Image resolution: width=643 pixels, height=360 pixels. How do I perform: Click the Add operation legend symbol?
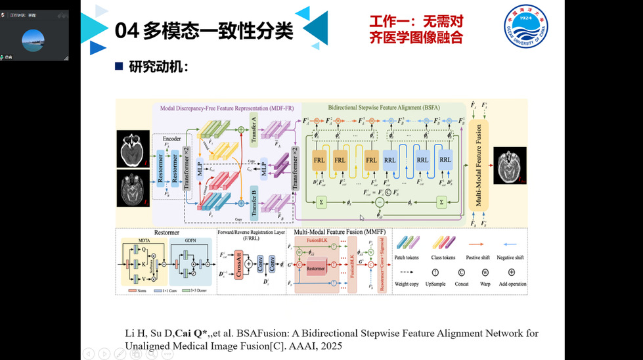click(x=511, y=271)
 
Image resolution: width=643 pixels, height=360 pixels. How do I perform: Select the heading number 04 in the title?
click(x=126, y=30)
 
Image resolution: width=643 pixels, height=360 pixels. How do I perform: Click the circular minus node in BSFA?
click(x=379, y=203)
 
